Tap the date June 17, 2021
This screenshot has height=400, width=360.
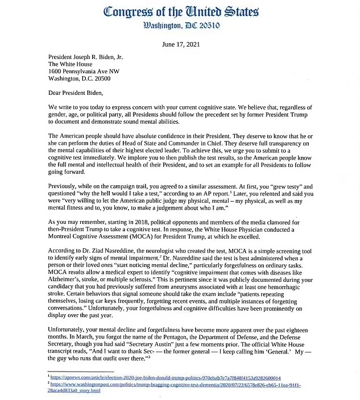[x=180, y=45]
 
